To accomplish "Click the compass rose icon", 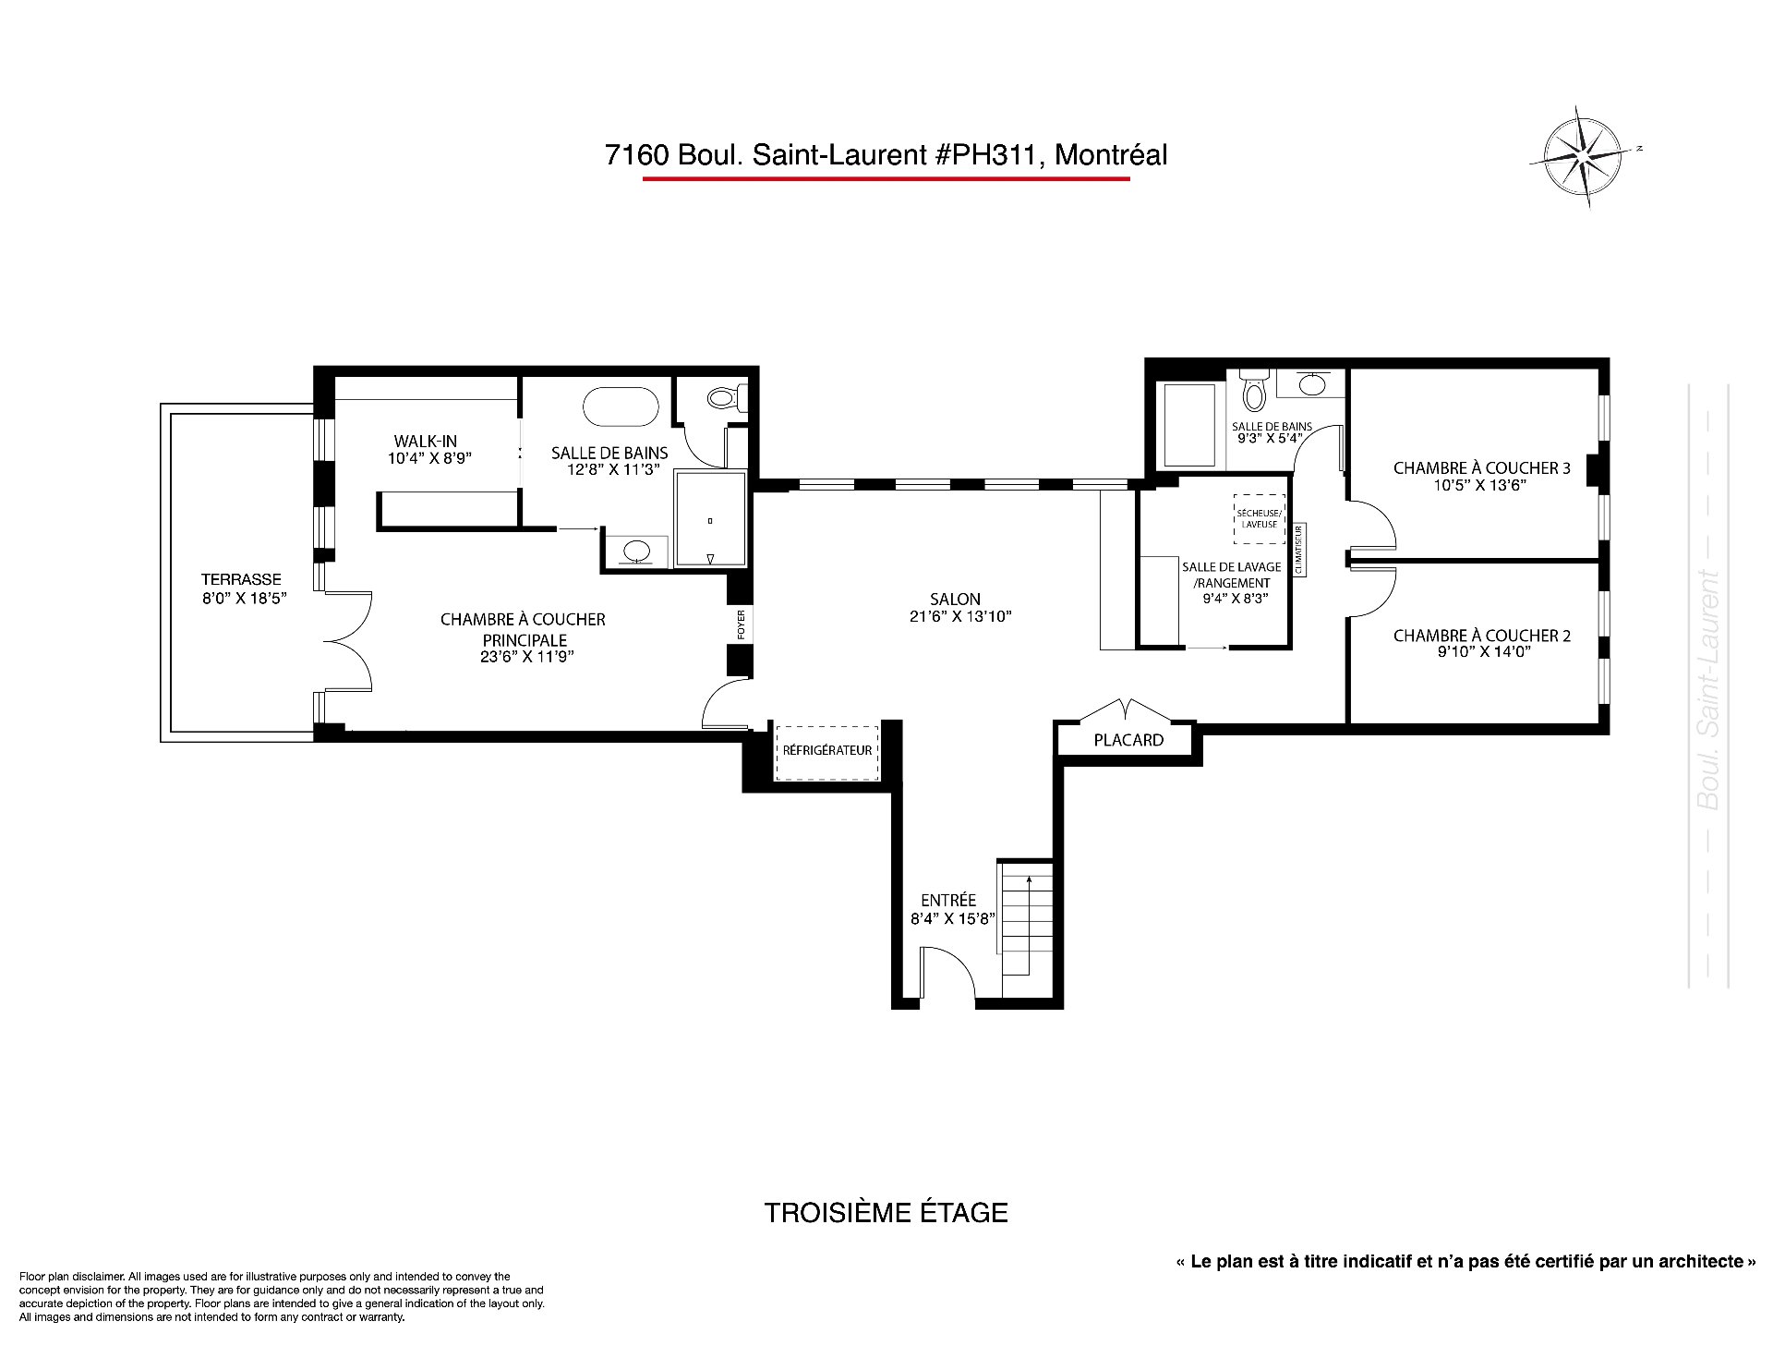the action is tap(1584, 156).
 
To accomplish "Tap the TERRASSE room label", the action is tap(241, 579).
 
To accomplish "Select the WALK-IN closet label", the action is tap(425, 442).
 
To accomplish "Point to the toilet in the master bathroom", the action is tap(726, 398).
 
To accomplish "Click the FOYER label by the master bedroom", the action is tap(741, 624).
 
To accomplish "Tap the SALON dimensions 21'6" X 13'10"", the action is tap(960, 616).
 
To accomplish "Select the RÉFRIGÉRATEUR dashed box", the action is tap(827, 751).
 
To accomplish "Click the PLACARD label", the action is tap(1128, 740).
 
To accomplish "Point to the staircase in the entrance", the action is tap(1025, 919).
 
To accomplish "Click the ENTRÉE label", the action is tap(948, 901).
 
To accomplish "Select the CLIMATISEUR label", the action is tap(1298, 550).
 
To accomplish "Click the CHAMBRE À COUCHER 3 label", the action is tap(1481, 468).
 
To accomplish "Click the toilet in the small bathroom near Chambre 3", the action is tap(1254, 392).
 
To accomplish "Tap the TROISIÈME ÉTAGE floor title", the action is tap(886, 1213).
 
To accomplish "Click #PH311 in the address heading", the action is tap(989, 154).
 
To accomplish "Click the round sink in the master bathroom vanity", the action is tap(635, 551).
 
